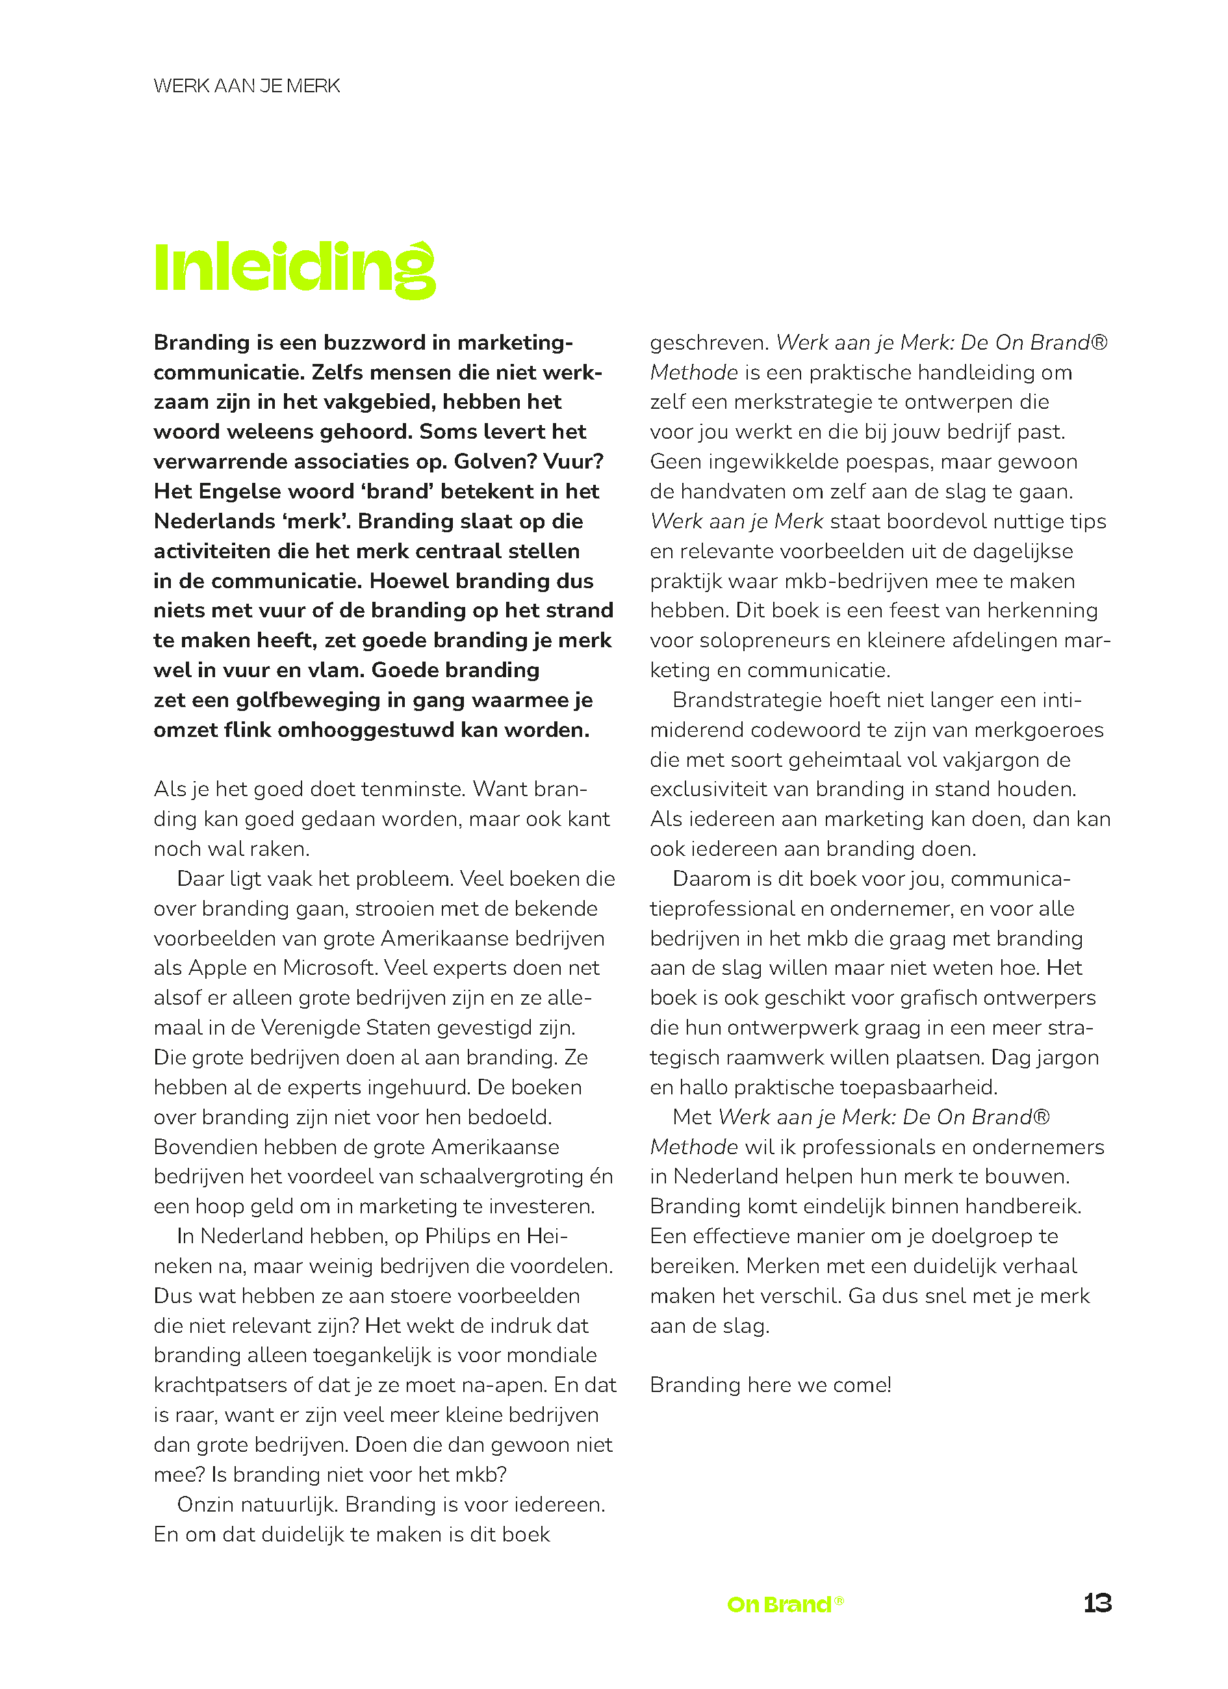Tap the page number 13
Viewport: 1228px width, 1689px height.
[x=1097, y=1603]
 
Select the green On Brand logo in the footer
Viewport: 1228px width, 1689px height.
[x=785, y=1603]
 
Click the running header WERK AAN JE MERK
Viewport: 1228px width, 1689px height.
[x=246, y=86]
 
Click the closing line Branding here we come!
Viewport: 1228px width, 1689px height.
[x=770, y=1385]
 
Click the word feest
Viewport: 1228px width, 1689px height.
[x=895, y=611]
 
